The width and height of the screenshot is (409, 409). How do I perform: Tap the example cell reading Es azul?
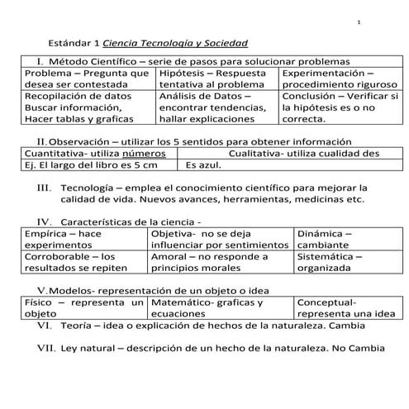tap(205, 164)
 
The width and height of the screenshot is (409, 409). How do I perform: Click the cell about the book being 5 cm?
tap(86, 164)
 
